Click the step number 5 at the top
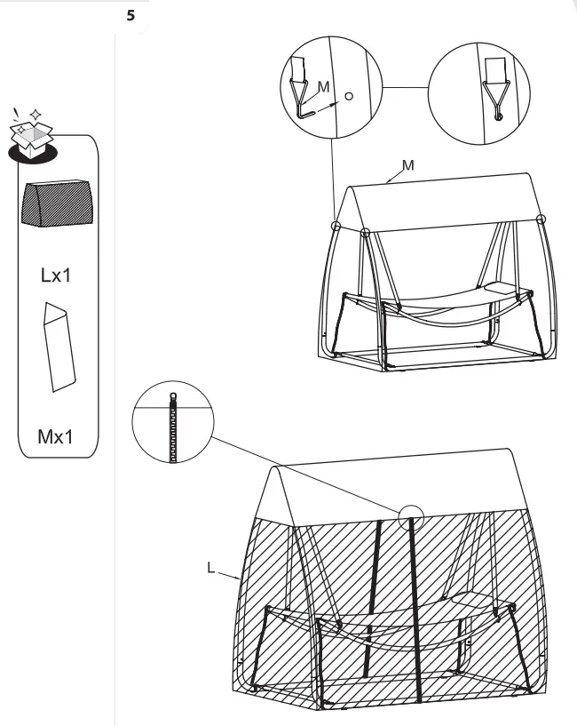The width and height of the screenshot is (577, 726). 132,14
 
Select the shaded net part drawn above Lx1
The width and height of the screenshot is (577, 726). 58,206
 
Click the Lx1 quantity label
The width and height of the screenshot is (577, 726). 57,275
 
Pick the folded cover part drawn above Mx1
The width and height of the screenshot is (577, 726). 59,347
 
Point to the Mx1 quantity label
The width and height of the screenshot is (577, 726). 57,437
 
